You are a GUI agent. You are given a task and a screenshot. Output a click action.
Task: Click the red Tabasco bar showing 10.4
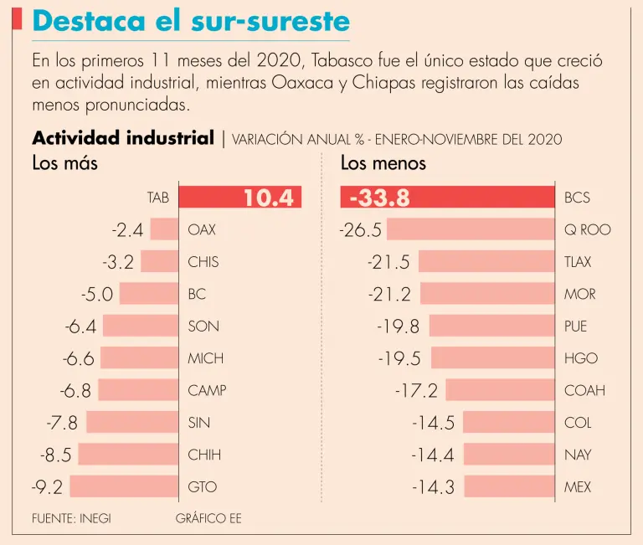239,198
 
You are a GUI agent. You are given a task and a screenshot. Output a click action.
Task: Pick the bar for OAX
164,229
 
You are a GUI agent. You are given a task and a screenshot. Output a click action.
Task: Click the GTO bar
125,486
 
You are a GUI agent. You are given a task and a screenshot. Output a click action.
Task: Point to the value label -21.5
388,262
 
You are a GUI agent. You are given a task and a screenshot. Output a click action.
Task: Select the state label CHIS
203,262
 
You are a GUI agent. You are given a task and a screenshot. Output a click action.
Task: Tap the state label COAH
584,390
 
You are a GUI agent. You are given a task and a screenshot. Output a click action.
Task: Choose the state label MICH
206,358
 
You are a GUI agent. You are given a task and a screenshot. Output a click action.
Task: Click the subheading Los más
64,163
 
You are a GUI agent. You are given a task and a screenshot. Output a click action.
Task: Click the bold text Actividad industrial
123,138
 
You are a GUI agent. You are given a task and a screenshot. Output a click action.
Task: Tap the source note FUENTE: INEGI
71,518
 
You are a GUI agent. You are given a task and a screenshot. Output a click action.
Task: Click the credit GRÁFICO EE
208,518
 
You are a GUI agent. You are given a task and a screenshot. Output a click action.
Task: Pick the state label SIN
199,423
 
